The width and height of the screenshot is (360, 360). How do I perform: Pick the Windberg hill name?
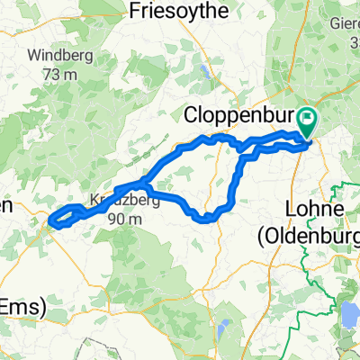[x=59, y=56]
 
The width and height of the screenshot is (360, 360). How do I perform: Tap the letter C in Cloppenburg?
[x=191, y=116]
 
